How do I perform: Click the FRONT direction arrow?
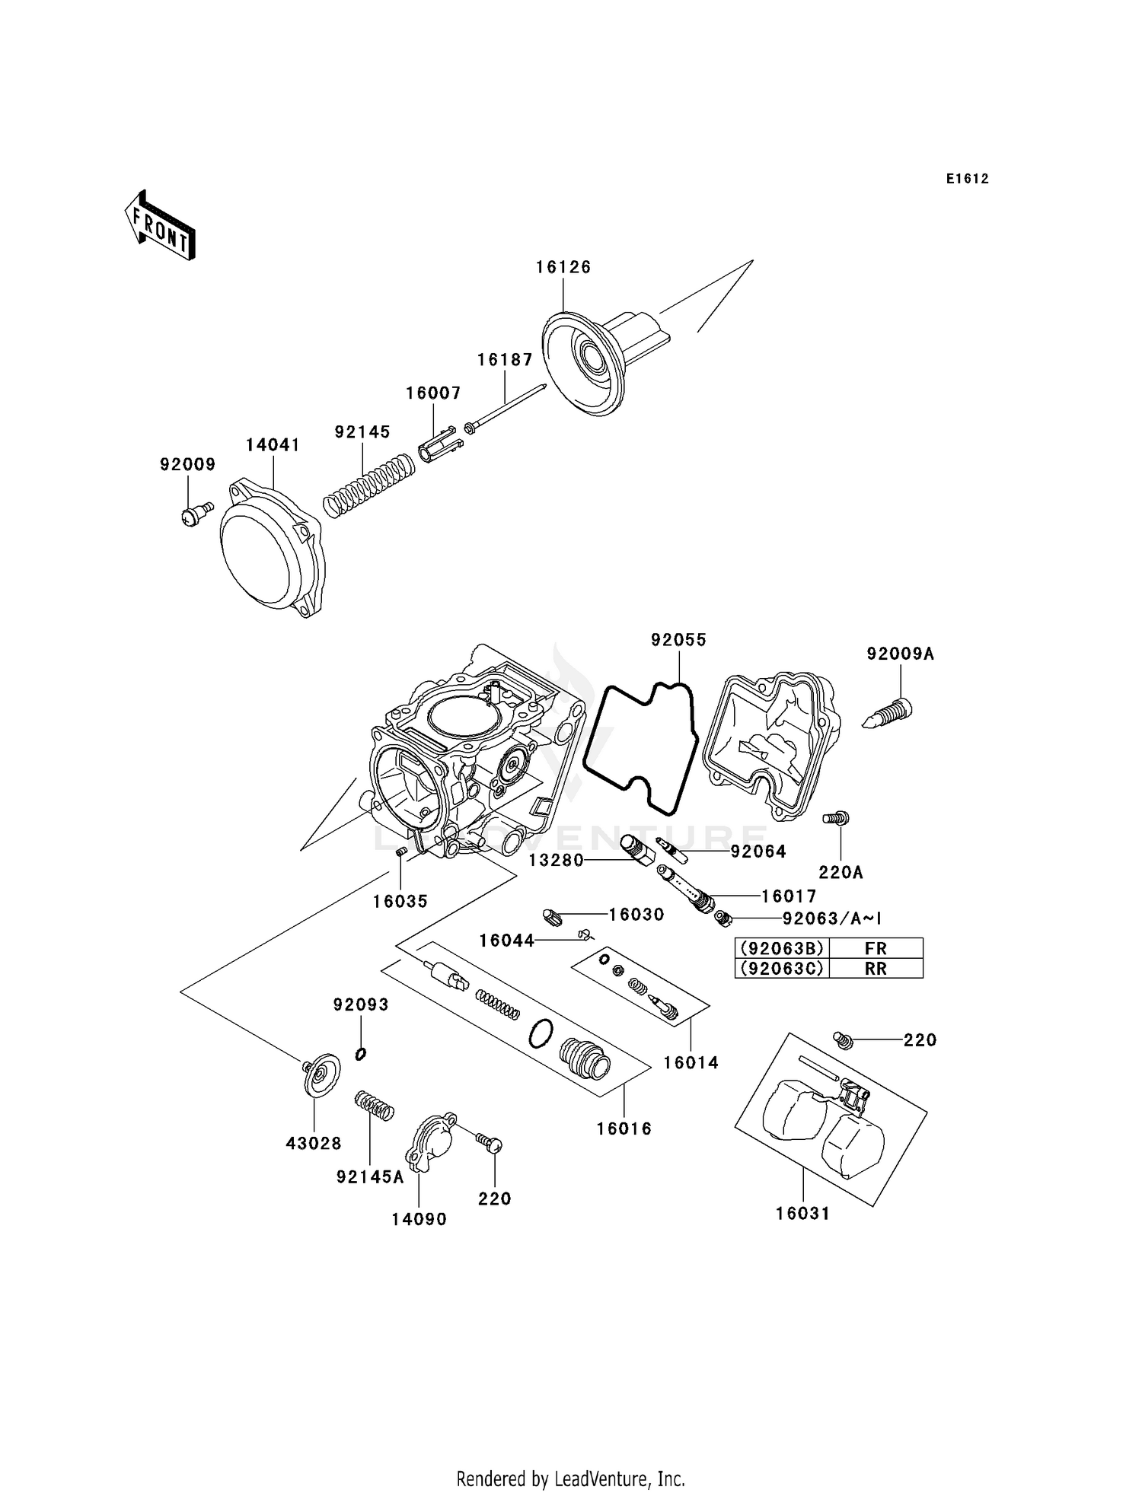pyautogui.click(x=161, y=227)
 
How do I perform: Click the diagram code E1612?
pyautogui.click(x=967, y=179)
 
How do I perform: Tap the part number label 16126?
pyautogui.click(x=563, y=267)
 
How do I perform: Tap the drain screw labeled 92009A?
pyautogui.click(x=889, y=713)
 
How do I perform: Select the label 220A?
pyautogui.click(x=841, y=873)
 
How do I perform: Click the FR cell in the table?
pyautogui.click(x=876, y=948)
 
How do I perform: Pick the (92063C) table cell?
pyautogui.click(x=781, y=969)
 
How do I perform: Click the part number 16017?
pyautogui.click(x=789, y=896)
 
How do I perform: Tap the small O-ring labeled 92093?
pyautogui.click(x=361, y=1054)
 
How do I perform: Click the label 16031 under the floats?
pyautogui.click(x=802, y=1214)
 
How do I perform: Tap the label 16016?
pyautogui.click(x=624, y=1129)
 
